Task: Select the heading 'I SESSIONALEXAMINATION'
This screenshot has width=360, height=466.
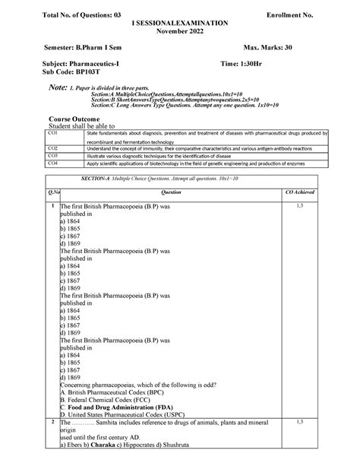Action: (179, 24)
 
